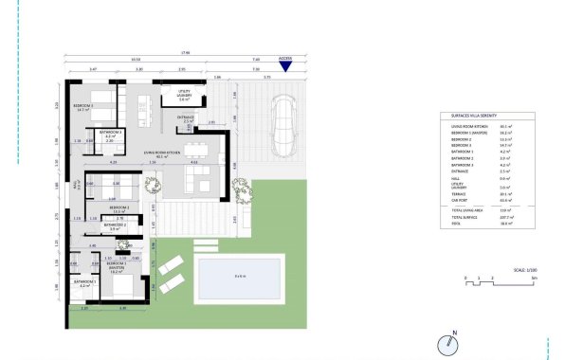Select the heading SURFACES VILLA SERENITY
click(474, 115)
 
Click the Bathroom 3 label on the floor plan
click(109, 134)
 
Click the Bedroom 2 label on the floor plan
click(118, 209)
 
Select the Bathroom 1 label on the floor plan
click(87, 282)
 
